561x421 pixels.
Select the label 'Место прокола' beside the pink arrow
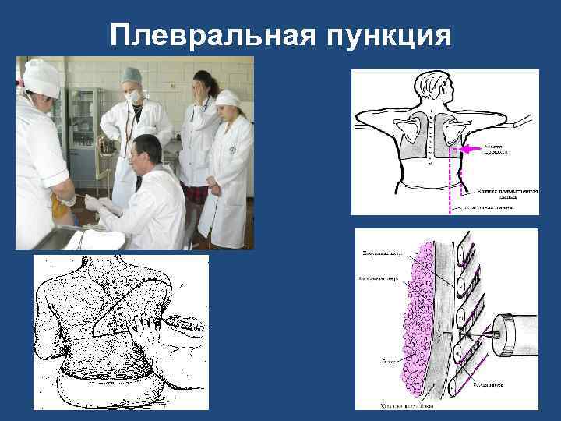tap(496, 147)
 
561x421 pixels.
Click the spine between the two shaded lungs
tap(431, 136)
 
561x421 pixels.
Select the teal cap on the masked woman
tap(131, 76)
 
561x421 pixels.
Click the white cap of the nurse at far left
tap(40, 77)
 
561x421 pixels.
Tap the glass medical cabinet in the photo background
tap(82, 125)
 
